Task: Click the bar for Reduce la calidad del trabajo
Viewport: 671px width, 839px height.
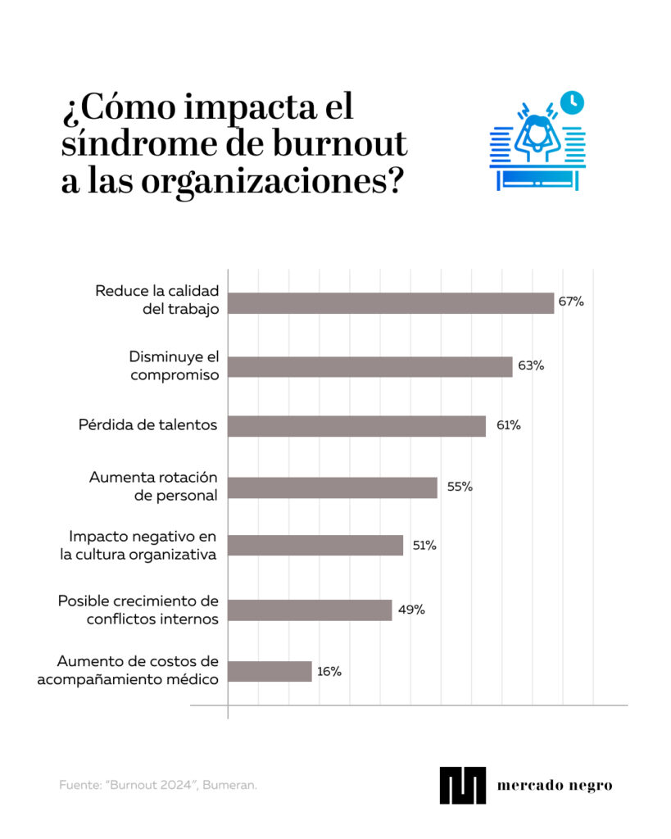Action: (x=391, y=303)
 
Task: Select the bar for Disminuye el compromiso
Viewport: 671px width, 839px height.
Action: (x=370, y=366)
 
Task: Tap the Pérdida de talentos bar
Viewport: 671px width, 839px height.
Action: (x=356, y=426)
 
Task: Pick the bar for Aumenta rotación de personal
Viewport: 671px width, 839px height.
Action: (x=333, y=488)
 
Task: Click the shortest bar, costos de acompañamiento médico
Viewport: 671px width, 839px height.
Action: (x=270, y=672)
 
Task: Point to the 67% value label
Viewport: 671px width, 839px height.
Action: (x=571, y=302)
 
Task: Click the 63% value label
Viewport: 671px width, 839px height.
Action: (x=531, y=365)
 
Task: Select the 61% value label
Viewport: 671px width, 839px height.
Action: (x=507, y=425)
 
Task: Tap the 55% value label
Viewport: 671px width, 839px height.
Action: (x=460, y=487)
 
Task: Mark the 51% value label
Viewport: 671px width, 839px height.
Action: (x=424, y=545)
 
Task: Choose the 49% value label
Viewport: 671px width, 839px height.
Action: (x=412, y=610)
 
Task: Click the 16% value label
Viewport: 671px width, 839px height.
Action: (x=329, y=671)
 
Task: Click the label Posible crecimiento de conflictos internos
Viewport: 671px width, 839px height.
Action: (x=138, y=610)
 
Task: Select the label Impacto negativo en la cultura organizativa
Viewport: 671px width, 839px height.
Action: (x=143, y=546)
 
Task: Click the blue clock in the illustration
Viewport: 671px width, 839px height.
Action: (x=573, y=102)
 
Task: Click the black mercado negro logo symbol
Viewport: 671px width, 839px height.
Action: (x=462, y=785)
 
